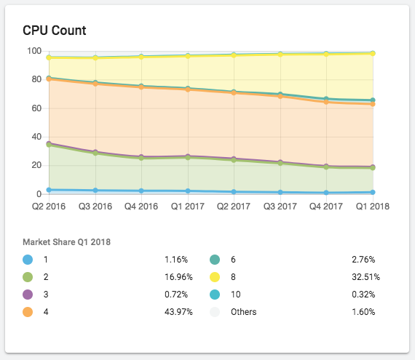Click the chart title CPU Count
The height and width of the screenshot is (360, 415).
[55, 31]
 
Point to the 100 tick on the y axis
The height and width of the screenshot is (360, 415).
[33, 51]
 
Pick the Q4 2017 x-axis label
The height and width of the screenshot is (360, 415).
[325, 206]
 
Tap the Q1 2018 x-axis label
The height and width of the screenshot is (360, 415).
[373, 206]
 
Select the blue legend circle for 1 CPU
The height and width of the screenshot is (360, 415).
[28, 260]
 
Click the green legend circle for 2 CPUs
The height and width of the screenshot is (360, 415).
[28, 277]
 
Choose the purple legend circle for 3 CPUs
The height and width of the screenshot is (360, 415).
[28, 295]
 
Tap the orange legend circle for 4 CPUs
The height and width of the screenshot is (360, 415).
[28, 312]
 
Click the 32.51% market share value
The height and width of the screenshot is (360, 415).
[365, 277]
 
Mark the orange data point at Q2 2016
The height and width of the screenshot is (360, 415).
[49, 79]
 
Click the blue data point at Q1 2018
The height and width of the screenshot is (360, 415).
[373, 192]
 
